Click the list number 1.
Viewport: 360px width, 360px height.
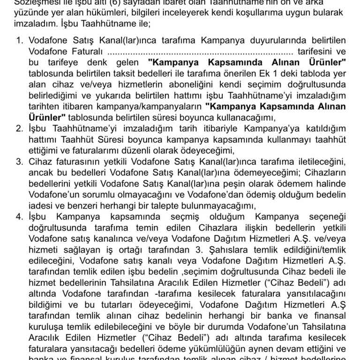20,41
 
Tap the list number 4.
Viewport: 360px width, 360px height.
20,217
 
